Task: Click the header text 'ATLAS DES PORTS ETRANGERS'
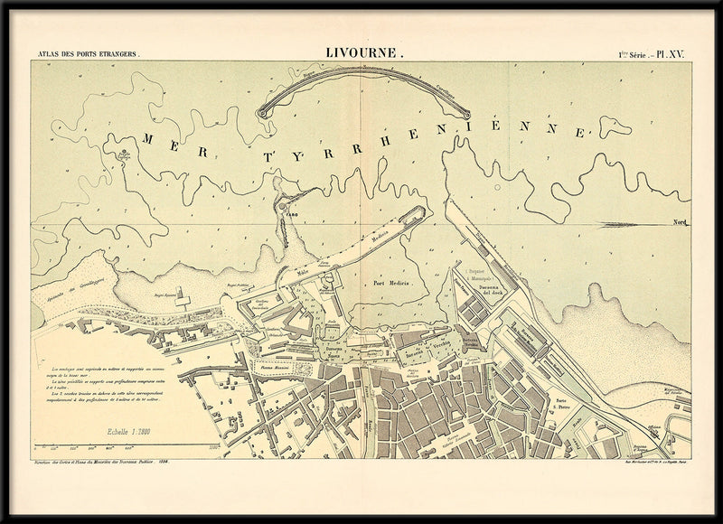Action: click(87, 56)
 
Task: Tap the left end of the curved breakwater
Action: click(263, 113)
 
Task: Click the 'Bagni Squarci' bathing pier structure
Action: click(183, 296)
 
